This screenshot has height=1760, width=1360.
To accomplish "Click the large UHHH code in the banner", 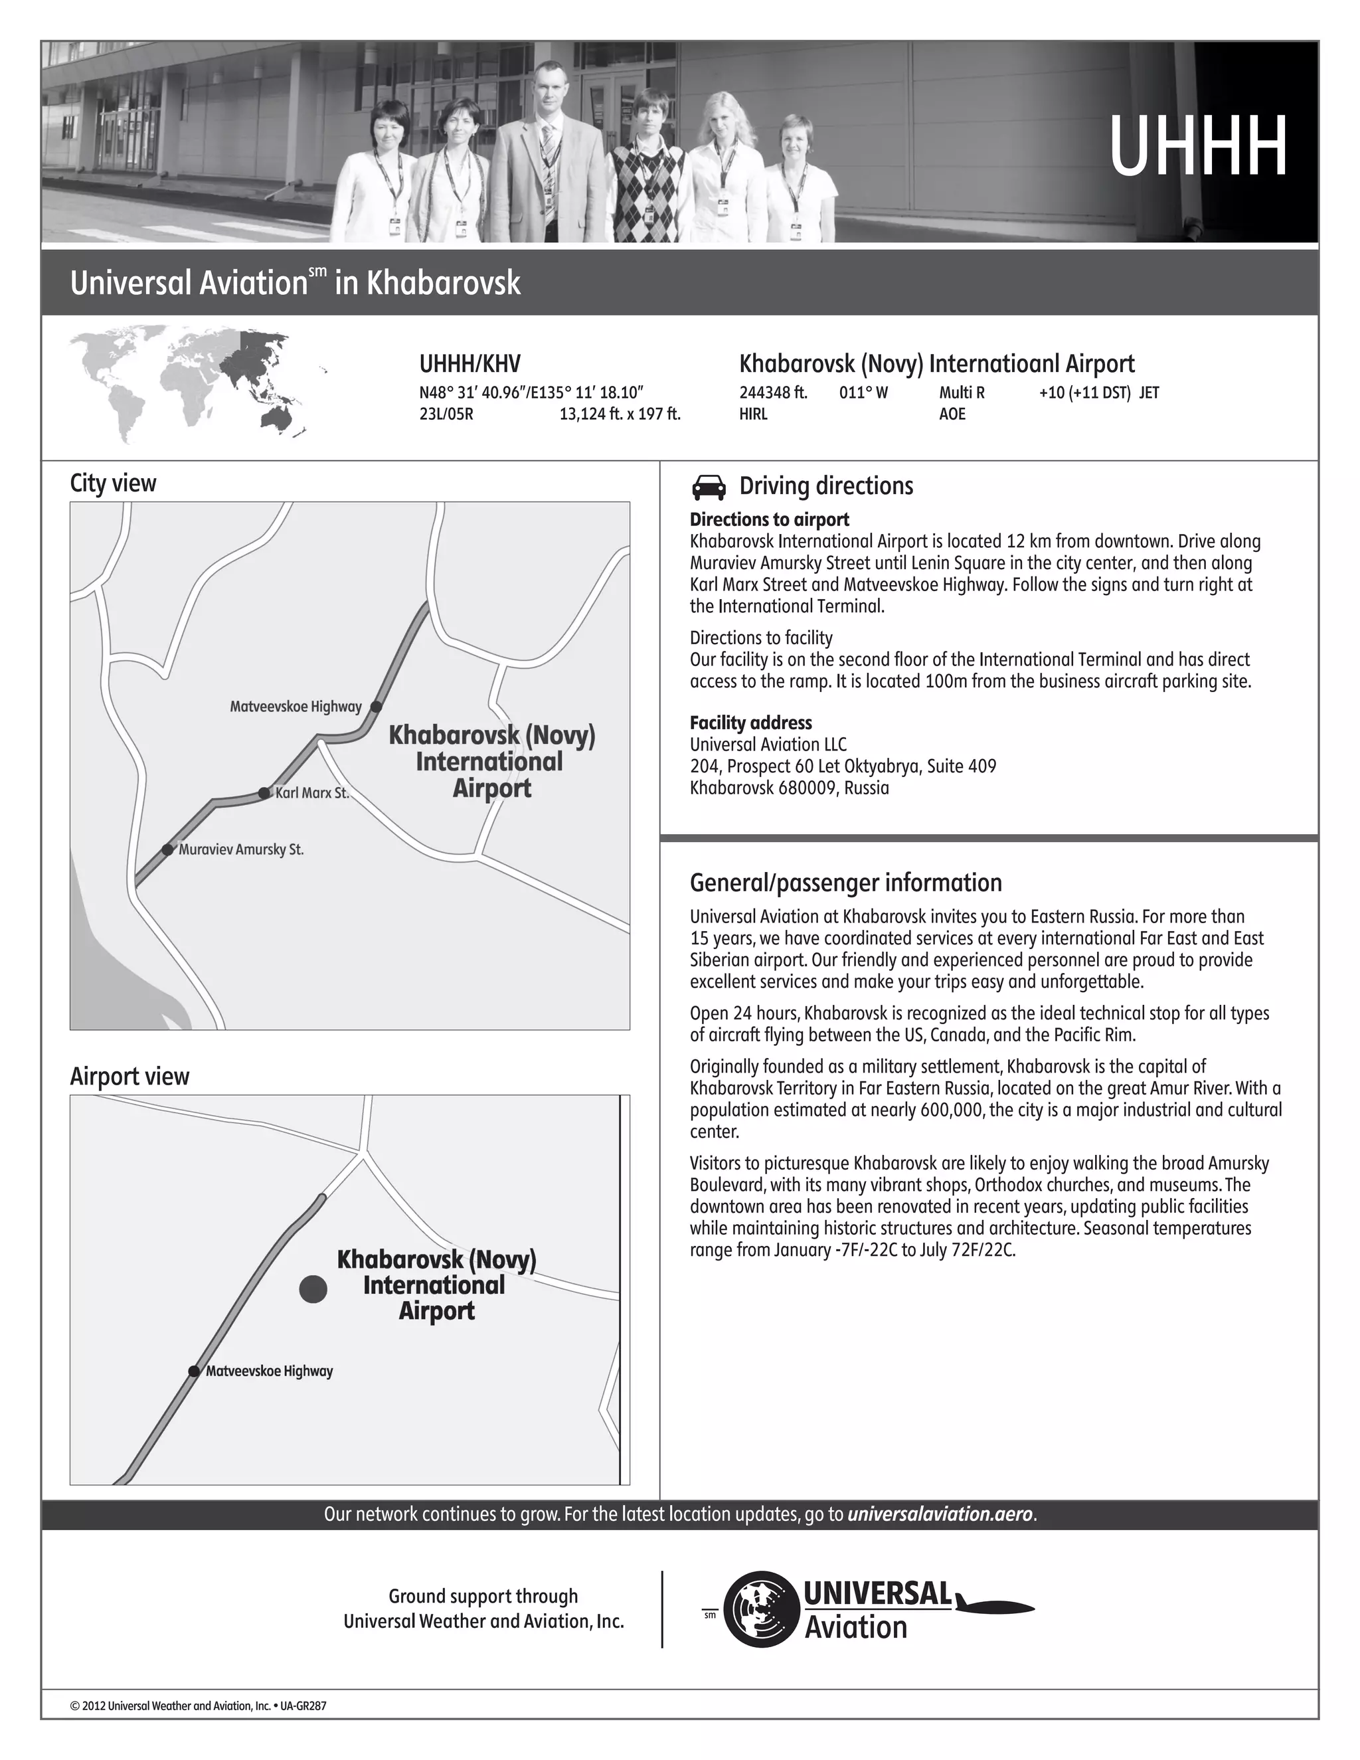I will [x=1197, y=147].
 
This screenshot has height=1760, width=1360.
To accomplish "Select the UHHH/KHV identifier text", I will [x=469, y=364].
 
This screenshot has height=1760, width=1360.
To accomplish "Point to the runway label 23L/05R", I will [x=446, y=414].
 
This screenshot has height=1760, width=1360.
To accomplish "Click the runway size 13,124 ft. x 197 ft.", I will [x=620, y=414].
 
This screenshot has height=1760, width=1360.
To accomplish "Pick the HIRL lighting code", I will [x=753, y=414].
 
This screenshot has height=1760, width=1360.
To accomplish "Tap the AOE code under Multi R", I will [x=952, y=414].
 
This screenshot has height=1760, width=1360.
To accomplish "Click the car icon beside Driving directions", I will [x=708, y=487].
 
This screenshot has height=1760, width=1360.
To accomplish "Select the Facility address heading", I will [x=750, y=723].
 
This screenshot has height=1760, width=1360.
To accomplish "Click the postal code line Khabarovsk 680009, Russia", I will [x=789, y=788].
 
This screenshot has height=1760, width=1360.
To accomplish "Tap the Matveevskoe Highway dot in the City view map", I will [x=375, y=707].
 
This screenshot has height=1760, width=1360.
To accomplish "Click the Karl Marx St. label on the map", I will [x=312, y=793].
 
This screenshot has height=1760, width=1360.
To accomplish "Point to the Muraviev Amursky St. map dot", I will [x=167, y=849].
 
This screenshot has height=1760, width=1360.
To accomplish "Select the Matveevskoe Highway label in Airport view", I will [x=269, y=1371].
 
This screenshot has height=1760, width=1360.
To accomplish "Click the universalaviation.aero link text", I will [x=940, y=1514].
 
